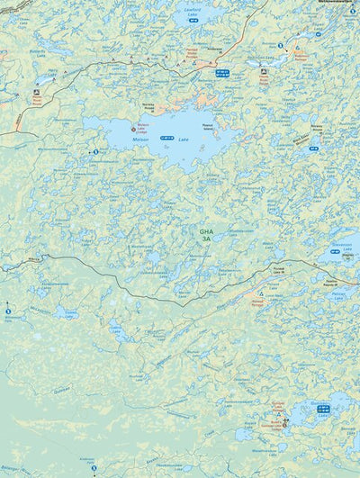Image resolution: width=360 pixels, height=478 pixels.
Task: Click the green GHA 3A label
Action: (x=206, y=235)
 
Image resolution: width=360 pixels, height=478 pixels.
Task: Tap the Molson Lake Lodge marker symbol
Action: (x=134, y=128)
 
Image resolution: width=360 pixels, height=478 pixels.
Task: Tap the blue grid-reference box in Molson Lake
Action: (x=166, y=138)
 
